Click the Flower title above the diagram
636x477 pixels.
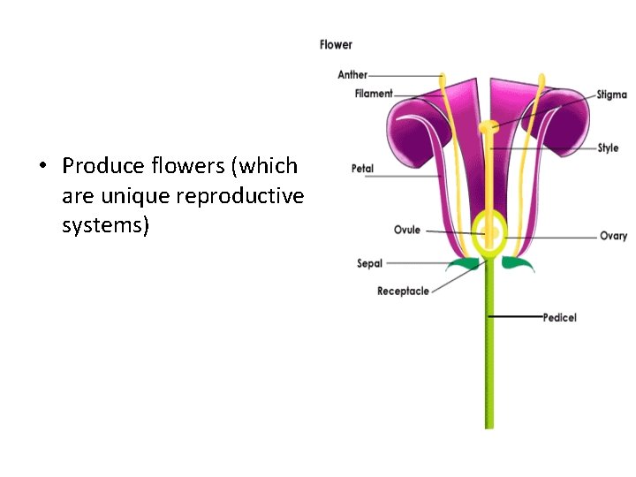pos(336,44)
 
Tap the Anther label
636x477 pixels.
pos(352,75)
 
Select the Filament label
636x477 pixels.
pos(374,94)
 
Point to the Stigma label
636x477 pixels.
pos(611,95)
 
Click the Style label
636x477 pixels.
pos(608,148)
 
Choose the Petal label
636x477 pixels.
pos(362,168)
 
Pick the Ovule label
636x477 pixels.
pos(407,231)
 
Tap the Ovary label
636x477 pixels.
pos(613,236)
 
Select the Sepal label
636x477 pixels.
pos(369,263)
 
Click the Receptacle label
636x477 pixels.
pos(403,291)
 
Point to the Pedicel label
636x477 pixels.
pos(559,317)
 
